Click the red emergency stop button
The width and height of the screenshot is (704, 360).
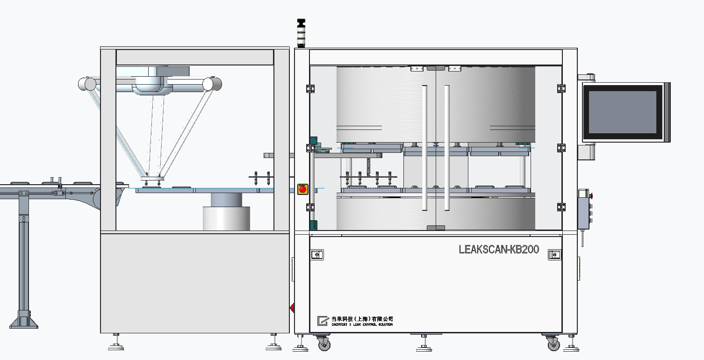coord(302,189)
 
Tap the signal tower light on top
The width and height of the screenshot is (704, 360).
coord(301,33)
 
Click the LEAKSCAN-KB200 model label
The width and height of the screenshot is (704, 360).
coord(499,250)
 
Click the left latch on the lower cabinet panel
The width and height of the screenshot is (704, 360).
coord(317,255)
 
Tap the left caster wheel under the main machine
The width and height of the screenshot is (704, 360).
coord(323,345)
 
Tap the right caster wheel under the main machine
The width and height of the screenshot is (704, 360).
coord(553,345)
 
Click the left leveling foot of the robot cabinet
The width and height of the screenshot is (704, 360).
coord(116,346)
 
